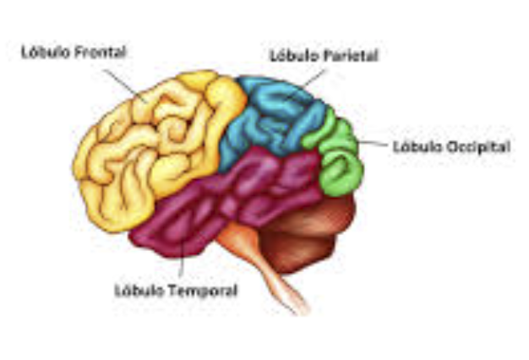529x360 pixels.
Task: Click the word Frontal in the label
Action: pyautogui.click(x=100, y=52)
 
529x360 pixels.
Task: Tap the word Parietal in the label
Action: pyautogui.click(x=351, y=56)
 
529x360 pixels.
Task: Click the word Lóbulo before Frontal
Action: pyautogui.click(x=46, y=52)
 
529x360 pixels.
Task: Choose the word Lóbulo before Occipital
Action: pyautogui.click(x=418, y=147)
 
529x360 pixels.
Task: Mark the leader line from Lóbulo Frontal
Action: pyautogui.click(x=125, y=85)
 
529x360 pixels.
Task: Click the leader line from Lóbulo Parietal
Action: pyautogui.click(x=314, y=77)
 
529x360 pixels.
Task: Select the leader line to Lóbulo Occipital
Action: pyautogui.click(x=372, y=144)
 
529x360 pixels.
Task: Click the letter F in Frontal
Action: pyautogui.click(x=78, y=52)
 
